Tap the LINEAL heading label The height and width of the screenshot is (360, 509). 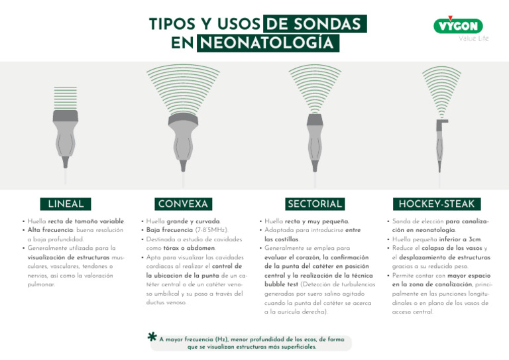tap(66, 204)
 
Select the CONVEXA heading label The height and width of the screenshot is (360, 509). tap(183, 204)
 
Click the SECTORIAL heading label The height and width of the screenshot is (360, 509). tap(315, 204)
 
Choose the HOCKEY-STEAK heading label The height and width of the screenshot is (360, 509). tap(437, 204)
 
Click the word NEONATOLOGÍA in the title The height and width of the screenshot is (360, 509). tap(268, 43)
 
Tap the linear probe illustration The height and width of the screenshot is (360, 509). tap(65, 126)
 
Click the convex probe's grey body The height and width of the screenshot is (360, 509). tap(183, 136)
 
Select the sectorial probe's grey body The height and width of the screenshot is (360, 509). tap(314, 136)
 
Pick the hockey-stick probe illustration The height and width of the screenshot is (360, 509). tap(440, 139)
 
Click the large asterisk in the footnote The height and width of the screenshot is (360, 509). tap(152, 338)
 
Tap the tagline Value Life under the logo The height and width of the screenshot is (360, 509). tap(473, 38)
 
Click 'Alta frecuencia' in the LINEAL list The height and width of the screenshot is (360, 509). tap(49, 230)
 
